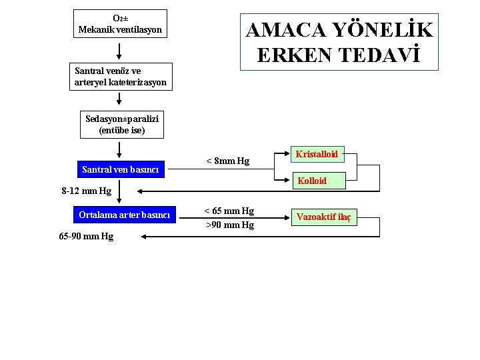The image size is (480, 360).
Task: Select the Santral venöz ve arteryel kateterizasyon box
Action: tap(120, 77)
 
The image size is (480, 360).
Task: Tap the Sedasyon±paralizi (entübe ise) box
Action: tap(122, 125)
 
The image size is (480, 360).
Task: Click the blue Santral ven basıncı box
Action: tap(120, 169)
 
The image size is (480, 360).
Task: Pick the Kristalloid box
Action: tap(317, 154)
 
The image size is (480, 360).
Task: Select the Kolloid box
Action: tap(312, 181)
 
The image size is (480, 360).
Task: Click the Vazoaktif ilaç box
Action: tap(323, 217)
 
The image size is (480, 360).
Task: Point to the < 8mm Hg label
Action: tap(228, 161)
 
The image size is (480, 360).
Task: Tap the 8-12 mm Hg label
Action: tap(87, 191)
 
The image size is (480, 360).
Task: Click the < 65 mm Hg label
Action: tap(229, 211)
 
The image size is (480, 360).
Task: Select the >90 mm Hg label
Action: tap(230, 225)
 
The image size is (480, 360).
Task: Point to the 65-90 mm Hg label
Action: tap(86, 237)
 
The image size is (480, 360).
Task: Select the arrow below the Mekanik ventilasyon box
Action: tap(120, 51)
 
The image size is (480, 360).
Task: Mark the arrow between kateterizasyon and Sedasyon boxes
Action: tap(120, 100)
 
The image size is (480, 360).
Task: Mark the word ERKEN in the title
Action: tap(295, 56)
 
